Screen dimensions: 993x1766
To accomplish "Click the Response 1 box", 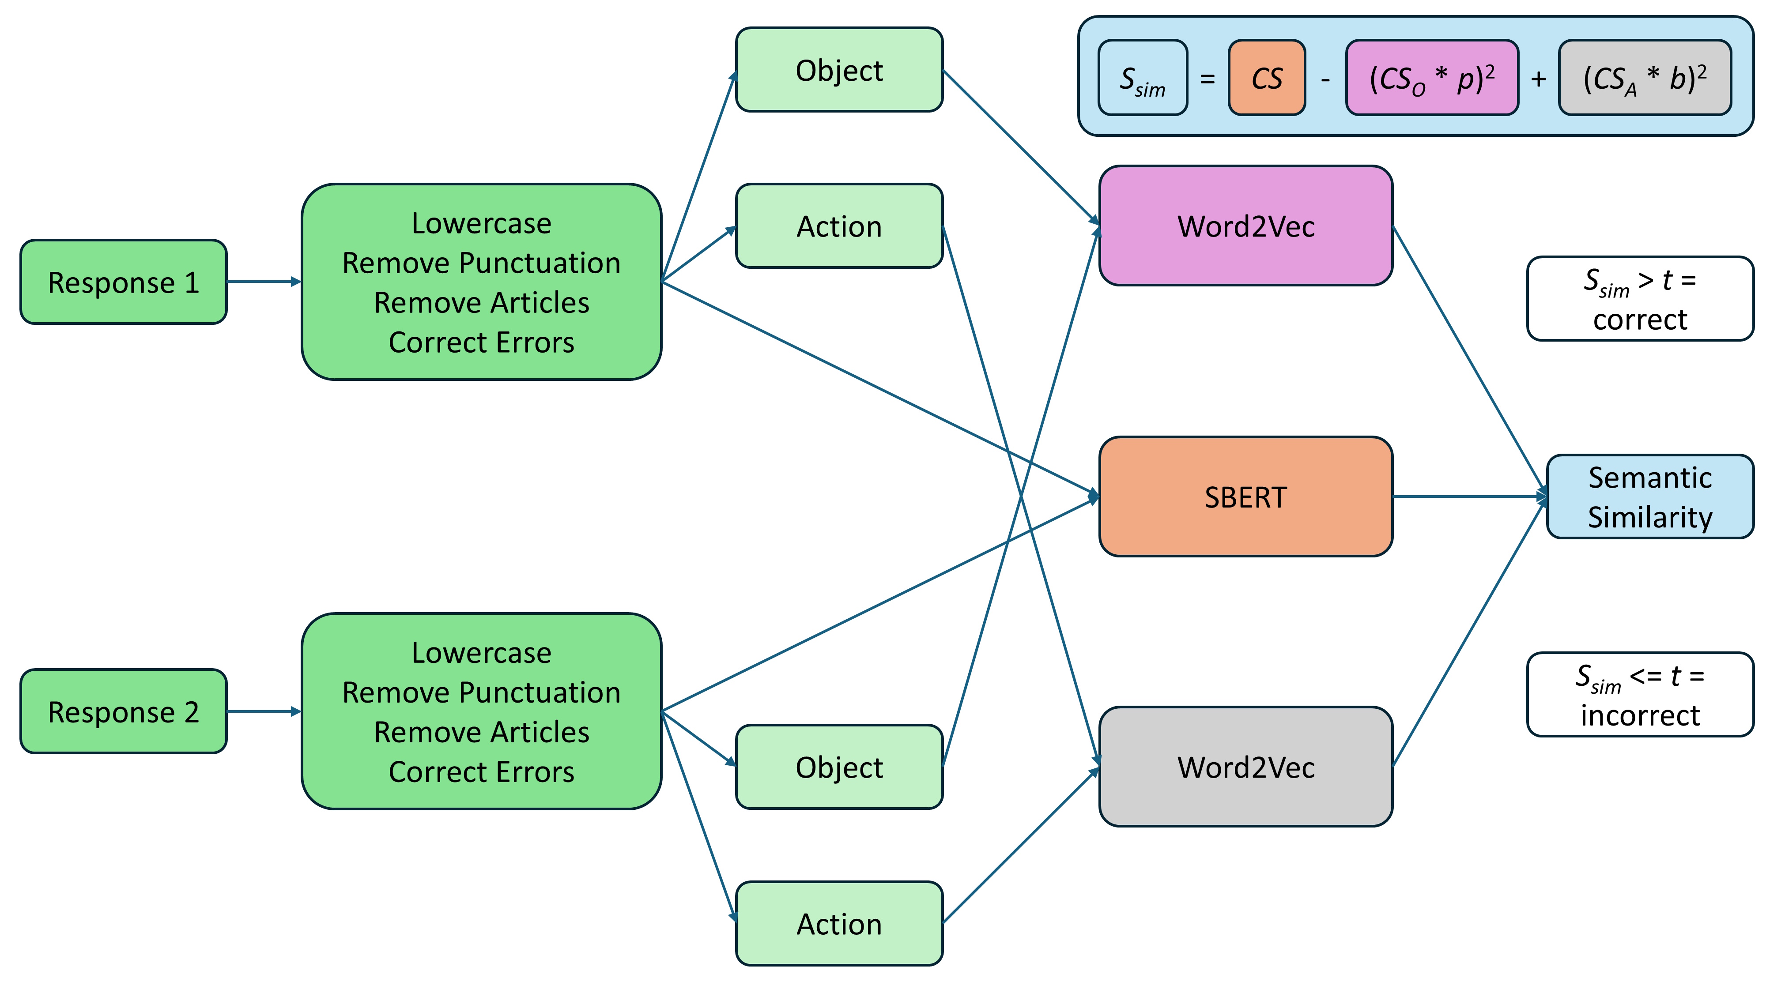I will [124, 282].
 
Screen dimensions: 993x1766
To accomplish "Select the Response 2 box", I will [124, 711].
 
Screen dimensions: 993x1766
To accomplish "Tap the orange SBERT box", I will [1245, 497].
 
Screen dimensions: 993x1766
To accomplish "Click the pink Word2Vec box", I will [1245, 226].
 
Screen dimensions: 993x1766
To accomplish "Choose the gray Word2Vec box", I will [1245, 767].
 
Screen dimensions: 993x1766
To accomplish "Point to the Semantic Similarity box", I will [1649, 497].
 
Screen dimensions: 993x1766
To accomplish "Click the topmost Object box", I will [839, 70].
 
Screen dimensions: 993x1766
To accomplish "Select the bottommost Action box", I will [839, 924].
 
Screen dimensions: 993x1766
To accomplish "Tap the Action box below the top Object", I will [839, 226].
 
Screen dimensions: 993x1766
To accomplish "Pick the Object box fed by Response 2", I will [839, 767].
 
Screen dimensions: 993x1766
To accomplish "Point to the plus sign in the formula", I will [1538, 79].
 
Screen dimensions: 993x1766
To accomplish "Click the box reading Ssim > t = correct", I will [1640, 299].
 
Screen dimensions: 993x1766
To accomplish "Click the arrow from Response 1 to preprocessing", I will [264, 282].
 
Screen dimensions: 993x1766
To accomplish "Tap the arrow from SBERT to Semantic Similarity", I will [1467, 496].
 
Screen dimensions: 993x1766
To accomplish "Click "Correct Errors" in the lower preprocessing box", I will [481, 771].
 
